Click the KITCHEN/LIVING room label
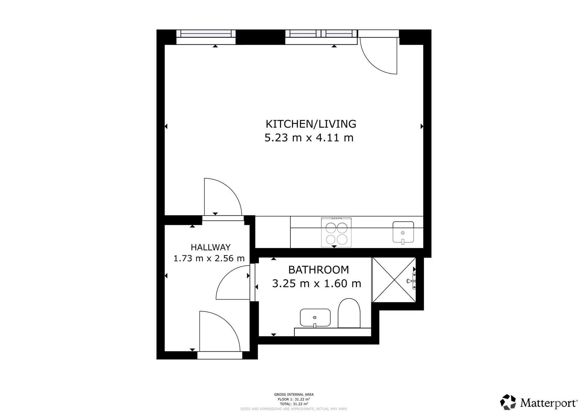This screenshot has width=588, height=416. click(x=311, y=124)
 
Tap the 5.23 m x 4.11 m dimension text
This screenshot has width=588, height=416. click(x=309, y=138)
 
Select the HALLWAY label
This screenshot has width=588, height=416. click(x=211, y=247)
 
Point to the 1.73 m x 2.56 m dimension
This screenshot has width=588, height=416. click(x=209, y=259)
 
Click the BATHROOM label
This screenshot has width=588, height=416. click(x=319, y=270)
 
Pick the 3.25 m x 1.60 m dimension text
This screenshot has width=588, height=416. click(x=317, y=284)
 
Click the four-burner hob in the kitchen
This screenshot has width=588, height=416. click(x=336, y=233)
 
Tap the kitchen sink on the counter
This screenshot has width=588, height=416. click(x=403, y=232)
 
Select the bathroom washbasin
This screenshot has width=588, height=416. click(x=315, y=318)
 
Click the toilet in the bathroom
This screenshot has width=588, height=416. click(x=349, y=313)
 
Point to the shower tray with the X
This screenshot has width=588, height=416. click(x=394, y=280)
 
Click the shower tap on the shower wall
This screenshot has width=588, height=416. click(x=410, y=281)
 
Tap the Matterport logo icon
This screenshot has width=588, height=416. click(x=508, y=402)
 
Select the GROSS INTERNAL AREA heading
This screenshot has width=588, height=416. click(x=294, y=395)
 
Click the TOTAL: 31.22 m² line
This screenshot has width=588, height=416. click(x=294, y=404)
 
